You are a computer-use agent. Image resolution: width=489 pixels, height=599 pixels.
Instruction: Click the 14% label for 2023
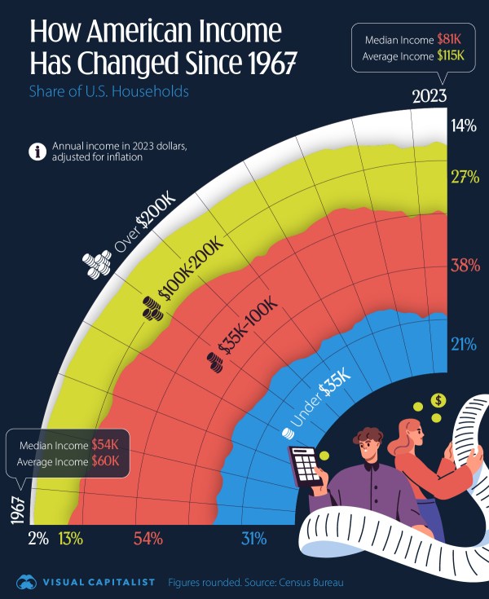(464, 126)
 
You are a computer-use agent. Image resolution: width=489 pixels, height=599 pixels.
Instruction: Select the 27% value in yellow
(464, 178)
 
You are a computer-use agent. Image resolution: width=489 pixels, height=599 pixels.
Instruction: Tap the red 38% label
(464, 265)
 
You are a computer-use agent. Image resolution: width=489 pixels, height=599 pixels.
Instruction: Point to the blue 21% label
(464, 344)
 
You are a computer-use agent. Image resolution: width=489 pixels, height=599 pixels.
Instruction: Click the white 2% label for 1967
(38, 538)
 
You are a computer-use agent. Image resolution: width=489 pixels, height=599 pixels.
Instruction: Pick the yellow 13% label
(70, 538)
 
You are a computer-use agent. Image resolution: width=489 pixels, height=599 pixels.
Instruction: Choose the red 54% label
(148, 538)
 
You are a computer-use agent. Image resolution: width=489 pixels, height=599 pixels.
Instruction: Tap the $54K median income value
(104, 445)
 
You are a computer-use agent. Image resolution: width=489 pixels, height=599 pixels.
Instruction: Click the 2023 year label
(429, 96)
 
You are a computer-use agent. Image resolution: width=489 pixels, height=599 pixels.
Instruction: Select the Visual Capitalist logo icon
(28, 582)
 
